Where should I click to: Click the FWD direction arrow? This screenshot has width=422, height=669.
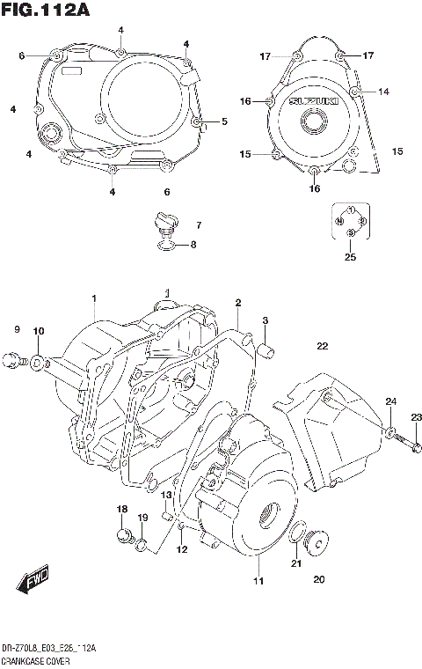pyautogui.click(x=32, y=583)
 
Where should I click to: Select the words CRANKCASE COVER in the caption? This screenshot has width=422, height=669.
pyautogui.click(x=35, y=659)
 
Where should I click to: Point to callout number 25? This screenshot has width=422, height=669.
pyautogui.click(x=350, y=257)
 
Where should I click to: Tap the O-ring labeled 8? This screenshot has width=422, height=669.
pyautogui.click(x=167, y=244)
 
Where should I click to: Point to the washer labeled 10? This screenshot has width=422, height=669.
pyautogui.click(x=38, y=360)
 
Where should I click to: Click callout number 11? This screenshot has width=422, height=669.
pyautogui.click(x=258, y=581)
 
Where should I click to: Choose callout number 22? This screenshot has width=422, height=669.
pyautogui.click(x=322, y=345)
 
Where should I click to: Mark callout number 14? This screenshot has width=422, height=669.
pyautogui.click(x=383, y=92)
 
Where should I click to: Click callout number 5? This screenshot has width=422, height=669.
pyautogui.click(x=224, y=121)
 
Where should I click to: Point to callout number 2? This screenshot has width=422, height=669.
pyautogui.click(x=237, y=303)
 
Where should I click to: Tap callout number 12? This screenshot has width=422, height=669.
pyautogui.click(x=182, y=550)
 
